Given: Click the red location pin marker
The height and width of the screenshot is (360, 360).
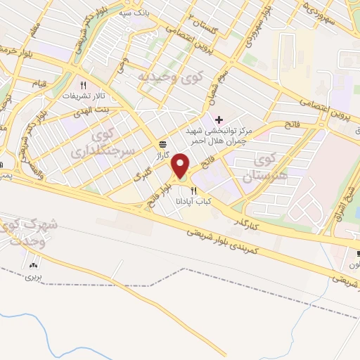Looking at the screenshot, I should click(x=181, y=165).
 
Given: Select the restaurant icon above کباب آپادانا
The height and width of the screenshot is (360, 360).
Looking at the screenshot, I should click(x=194, y=190).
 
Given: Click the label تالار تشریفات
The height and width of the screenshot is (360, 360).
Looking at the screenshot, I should click(x=82, y=94).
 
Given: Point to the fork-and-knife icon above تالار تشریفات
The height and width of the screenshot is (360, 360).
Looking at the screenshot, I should click(x=83, y=82).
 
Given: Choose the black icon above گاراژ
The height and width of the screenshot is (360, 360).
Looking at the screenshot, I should click(x=162, y=144).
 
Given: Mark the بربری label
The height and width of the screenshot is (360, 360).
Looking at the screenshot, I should click(x=34, y=276).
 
